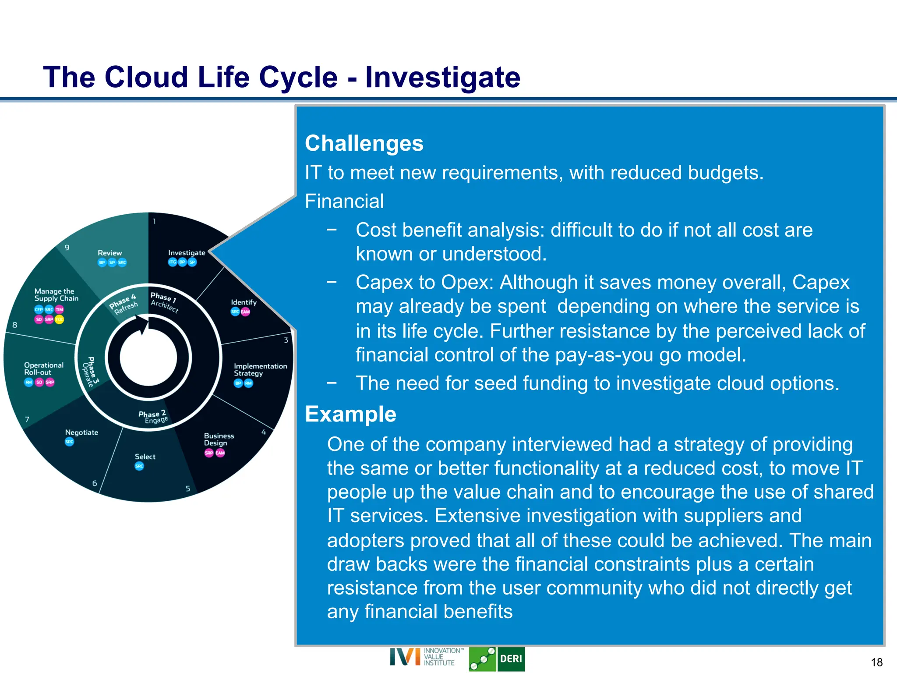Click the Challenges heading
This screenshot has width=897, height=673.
[364, 143]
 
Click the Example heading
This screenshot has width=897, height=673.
[350, 414]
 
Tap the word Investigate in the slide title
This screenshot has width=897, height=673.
[443, 77]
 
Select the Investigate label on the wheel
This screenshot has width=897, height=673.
[187, 253]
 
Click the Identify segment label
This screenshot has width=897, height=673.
[244, 302]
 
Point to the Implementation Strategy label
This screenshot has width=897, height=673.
[260, 369]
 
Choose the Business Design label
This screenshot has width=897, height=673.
[219, 439]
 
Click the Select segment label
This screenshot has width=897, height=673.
[145, 457]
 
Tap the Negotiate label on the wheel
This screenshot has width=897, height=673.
[81, 432]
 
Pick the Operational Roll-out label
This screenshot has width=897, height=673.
[43, 368]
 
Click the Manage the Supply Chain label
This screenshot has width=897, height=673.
[56, 295]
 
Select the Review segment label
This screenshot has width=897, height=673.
[109, 253]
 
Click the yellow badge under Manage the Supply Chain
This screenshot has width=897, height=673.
[59, 319]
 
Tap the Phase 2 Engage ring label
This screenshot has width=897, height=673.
[153, 417]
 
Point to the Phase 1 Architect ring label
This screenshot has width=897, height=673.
[164, 301]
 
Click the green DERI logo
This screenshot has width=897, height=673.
[496, 659]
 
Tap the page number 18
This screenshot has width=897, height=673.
[876, 662]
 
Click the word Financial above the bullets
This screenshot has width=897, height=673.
[344, 202]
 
